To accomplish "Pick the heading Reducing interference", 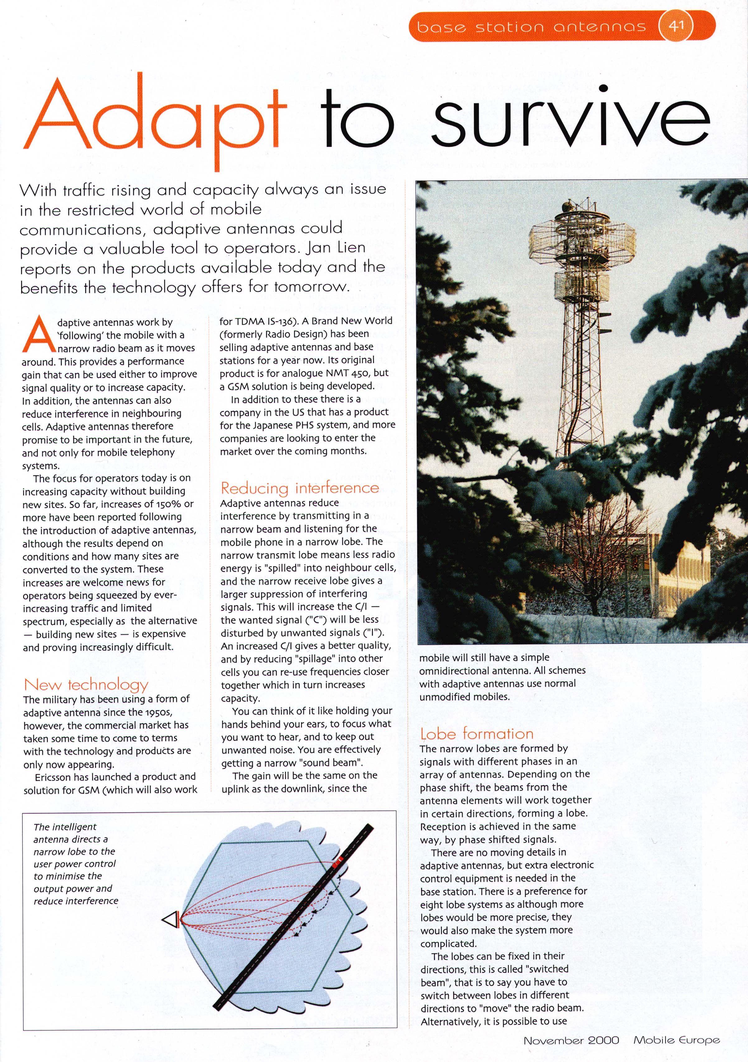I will coord(300,488).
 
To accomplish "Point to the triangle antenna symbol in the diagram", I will coord(171,919).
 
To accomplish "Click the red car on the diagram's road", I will coord(338,860).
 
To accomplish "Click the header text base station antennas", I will coord(531,27).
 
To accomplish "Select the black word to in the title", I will coord(357,118).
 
